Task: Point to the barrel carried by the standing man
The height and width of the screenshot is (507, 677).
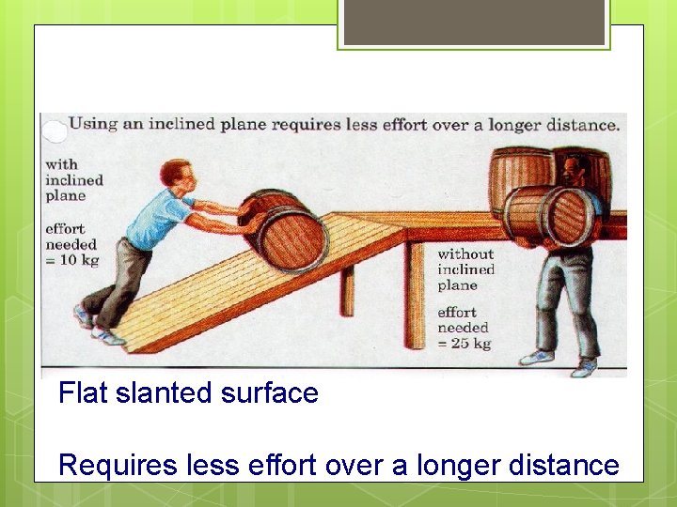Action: coord(549,217)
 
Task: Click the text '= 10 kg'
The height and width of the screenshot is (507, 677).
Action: coord(71,260)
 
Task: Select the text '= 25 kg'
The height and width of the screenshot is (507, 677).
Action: coord(464,344)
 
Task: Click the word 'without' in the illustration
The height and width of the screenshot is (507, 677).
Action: coord(464,253)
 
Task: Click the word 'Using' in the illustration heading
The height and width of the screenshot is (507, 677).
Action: coord(94,124)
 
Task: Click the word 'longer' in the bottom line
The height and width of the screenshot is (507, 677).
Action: coord(449,464)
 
